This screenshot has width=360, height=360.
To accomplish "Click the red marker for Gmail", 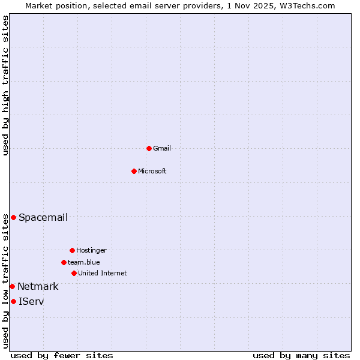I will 149,148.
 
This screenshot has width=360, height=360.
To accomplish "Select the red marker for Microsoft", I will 134,171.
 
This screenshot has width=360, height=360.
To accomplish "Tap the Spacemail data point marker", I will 13,217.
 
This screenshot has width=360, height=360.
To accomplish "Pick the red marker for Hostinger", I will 72,250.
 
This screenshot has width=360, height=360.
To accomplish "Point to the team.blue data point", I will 64,262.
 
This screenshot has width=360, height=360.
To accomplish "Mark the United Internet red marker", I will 74,273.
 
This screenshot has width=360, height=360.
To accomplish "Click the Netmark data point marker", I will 12,286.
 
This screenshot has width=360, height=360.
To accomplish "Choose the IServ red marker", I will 13,301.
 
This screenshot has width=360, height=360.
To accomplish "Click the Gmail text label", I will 162,148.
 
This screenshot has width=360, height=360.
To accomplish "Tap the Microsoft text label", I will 152,171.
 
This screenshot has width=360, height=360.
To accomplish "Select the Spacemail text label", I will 43,217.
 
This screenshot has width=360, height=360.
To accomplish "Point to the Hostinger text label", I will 91,250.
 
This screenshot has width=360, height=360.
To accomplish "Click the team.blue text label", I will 84,262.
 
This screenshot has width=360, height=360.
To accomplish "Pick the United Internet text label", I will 103,273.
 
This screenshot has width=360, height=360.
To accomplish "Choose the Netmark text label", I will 38,286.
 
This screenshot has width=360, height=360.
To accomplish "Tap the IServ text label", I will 31,301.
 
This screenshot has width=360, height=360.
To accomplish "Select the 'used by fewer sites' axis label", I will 62,355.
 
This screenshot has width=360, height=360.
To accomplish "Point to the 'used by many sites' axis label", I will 301,355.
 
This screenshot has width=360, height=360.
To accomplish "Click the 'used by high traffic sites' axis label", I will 5,85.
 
